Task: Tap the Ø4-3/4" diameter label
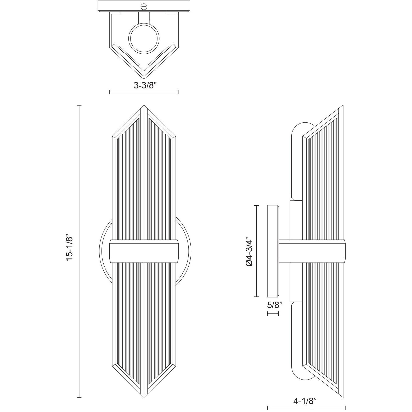tap(249, 252)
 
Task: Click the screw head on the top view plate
tap(144, 6)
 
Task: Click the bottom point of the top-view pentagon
tap(144, 77)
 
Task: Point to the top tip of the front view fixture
tap(144, 106)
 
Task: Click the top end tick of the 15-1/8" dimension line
tap(79, 105)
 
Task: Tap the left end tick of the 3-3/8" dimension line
tap(110, 92)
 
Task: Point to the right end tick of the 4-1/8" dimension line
tap(345, 408)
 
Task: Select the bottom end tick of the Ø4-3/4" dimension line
tap(257, 297)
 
